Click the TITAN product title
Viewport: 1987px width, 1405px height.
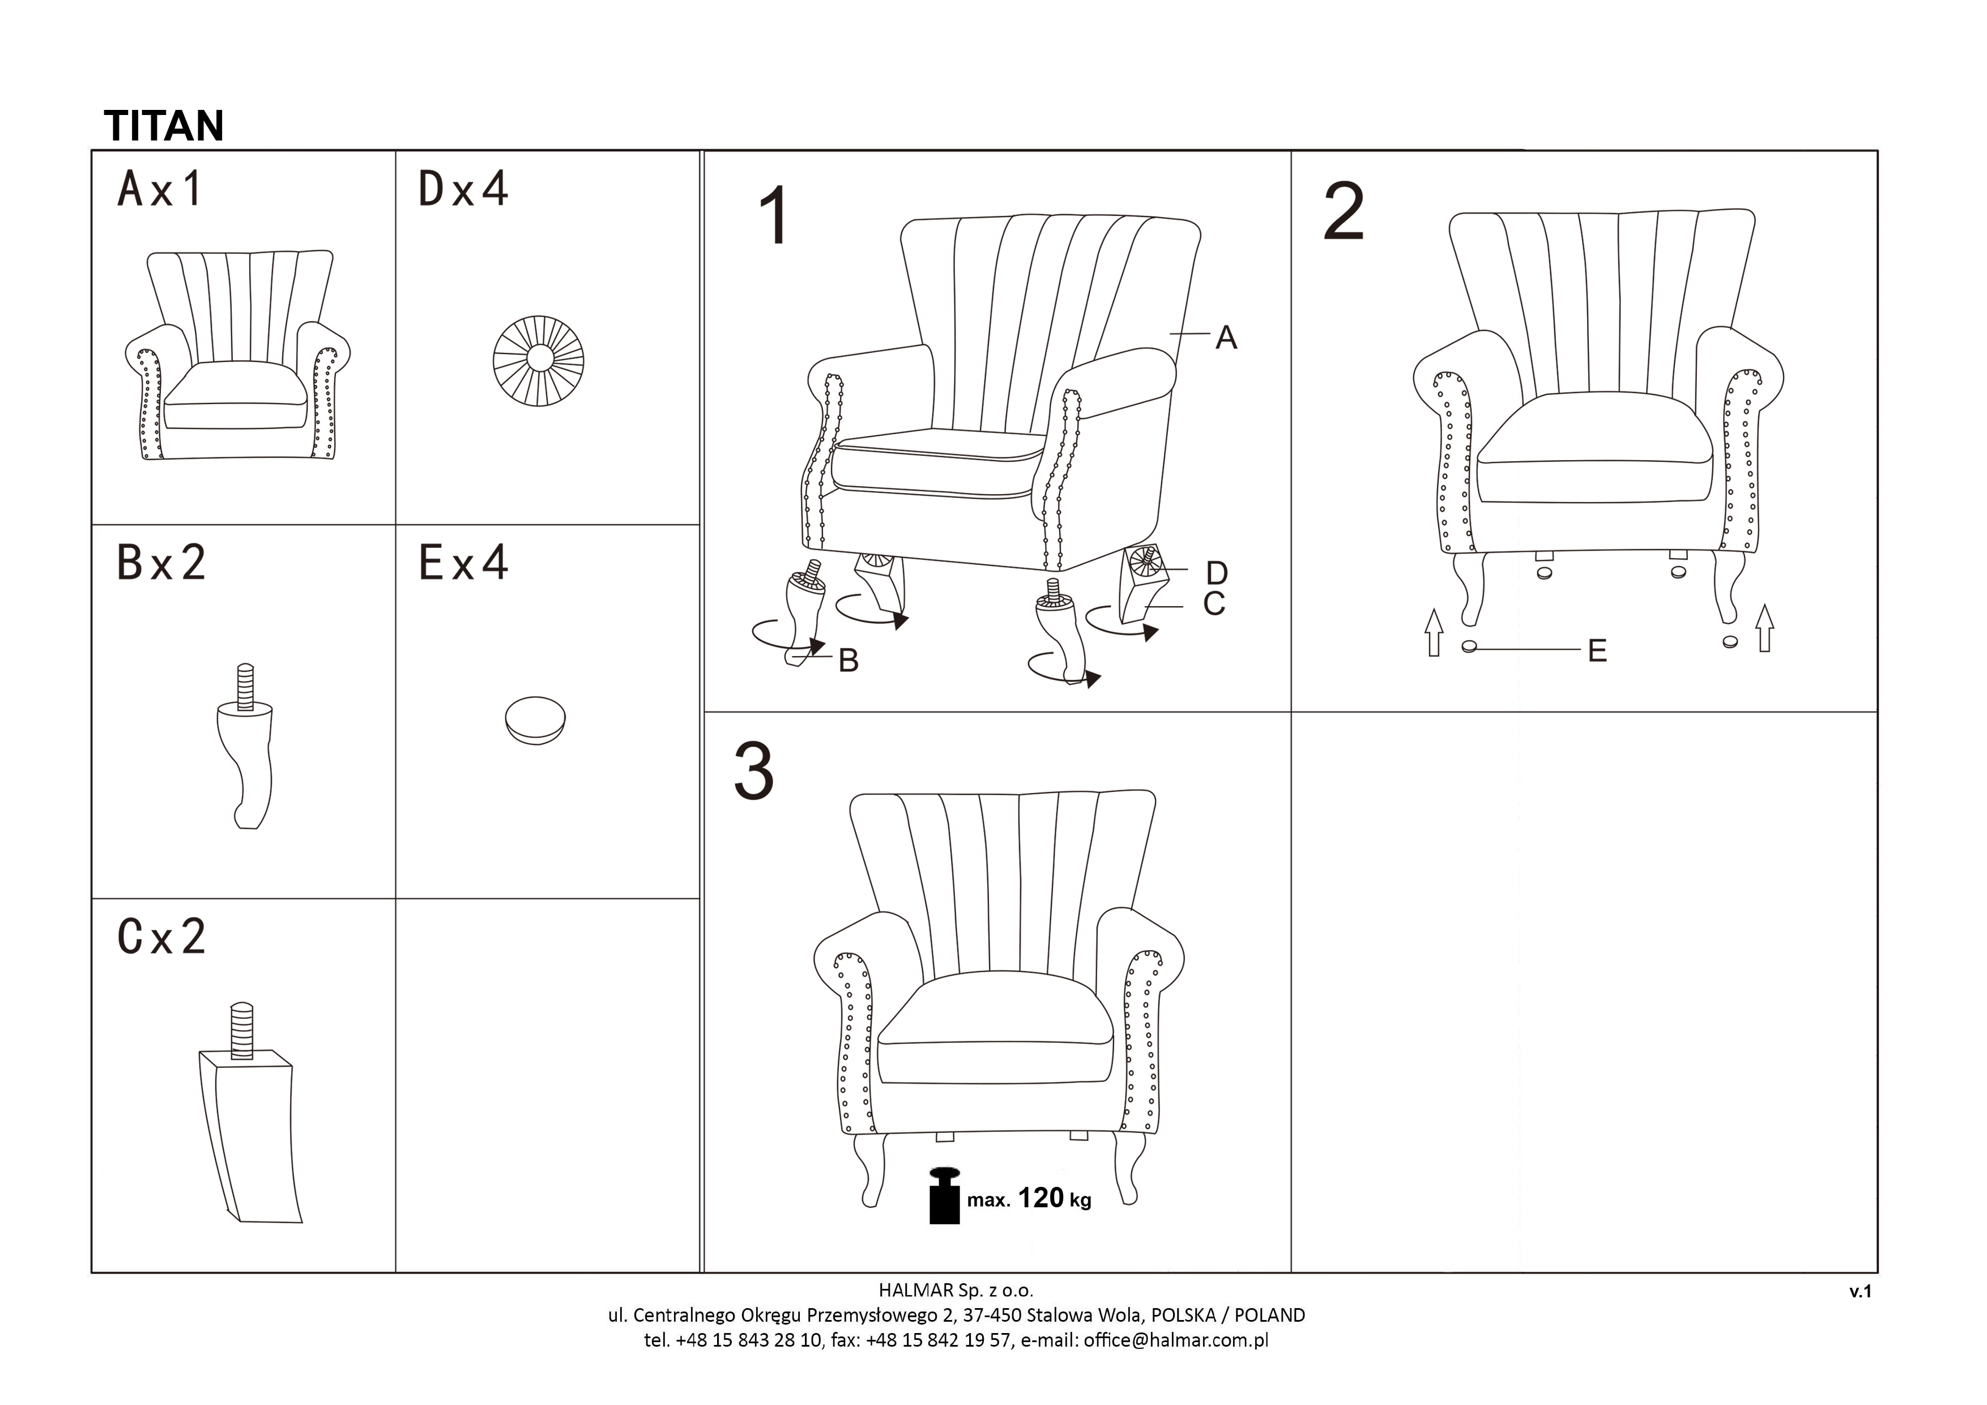point(164,126)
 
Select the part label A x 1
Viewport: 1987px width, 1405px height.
point(160,189)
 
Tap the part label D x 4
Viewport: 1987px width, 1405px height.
point(463,189)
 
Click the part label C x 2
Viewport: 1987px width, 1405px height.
point(161,936)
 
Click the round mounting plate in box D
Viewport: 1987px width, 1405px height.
point(538,361)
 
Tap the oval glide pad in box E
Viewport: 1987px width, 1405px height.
point(535,720)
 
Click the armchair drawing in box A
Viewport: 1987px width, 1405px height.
point(238,355)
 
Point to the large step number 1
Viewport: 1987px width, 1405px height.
point(774,215)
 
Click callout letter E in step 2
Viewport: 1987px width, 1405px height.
point(1597,651)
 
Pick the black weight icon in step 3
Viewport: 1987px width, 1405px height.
point(944,1195)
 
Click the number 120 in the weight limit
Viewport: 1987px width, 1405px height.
point(1041,1198)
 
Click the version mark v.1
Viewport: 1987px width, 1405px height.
point(1861,1292)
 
